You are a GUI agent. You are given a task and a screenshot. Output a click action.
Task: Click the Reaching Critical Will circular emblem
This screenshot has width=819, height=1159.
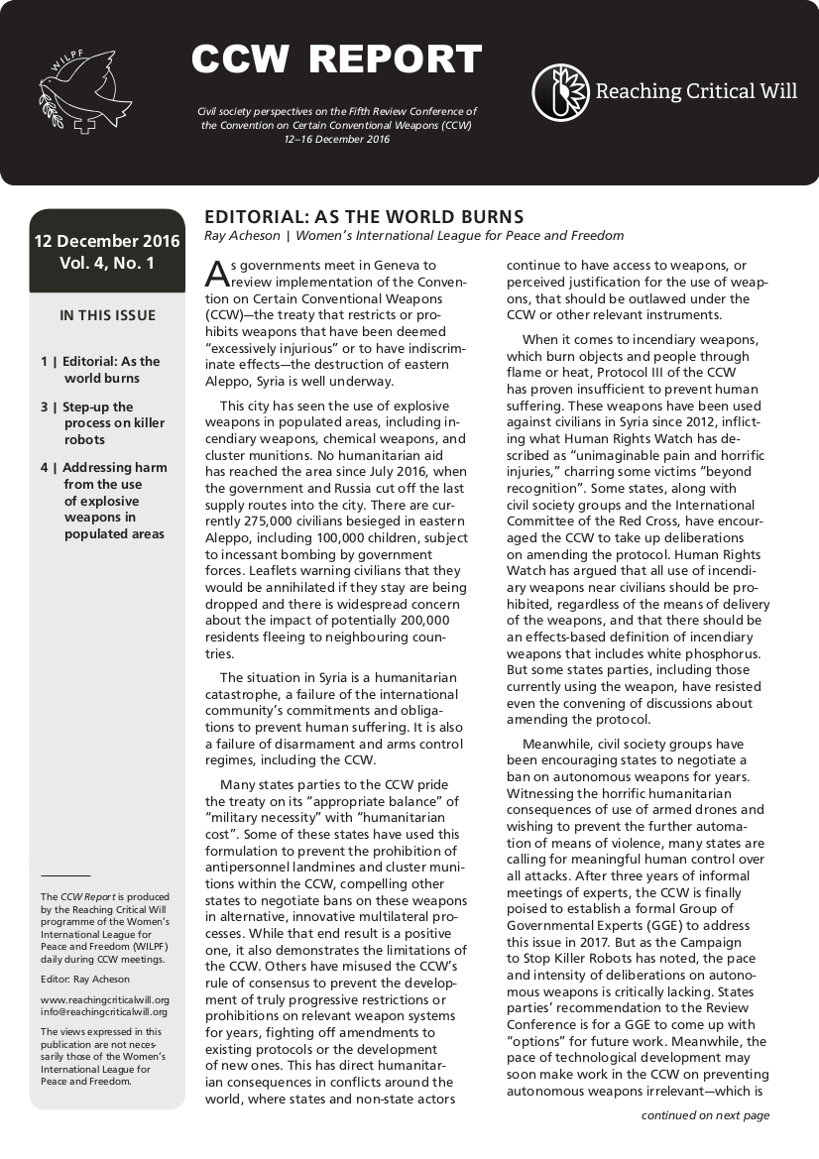[561, 92]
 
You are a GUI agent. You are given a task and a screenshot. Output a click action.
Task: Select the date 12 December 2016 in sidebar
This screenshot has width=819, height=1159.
[107, 241]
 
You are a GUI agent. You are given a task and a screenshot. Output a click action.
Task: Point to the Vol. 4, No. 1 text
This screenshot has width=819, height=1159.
[107, 264]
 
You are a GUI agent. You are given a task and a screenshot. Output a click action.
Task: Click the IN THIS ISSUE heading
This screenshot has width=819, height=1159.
[107, 316]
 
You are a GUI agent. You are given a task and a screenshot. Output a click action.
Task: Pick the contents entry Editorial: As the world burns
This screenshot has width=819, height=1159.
[101, 370]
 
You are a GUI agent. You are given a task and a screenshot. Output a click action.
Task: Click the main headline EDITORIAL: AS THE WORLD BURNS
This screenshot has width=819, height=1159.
[364, 217]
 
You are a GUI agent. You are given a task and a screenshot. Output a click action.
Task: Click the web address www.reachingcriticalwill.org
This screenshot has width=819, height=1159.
[105, 999]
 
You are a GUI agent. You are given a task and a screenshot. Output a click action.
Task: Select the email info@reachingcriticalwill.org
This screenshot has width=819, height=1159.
[103, 1012]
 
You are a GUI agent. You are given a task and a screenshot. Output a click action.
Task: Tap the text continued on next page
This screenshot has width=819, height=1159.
[705, 1115]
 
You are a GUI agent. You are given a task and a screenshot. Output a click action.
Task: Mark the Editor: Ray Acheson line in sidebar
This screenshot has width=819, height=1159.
[85, 980]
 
